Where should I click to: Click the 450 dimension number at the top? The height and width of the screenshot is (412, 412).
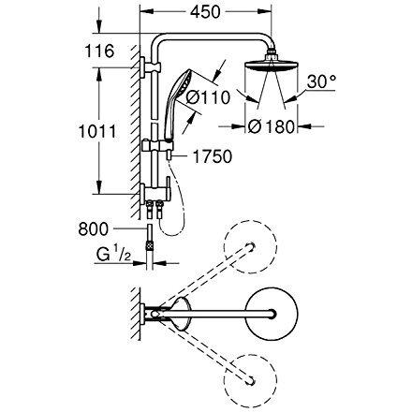pyautogui.click(x=205, y=12)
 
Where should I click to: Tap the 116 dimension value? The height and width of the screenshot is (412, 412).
pyautogui.click(x=99, y=51)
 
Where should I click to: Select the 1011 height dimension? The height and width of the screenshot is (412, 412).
pyautogui.click(x=97, y=131)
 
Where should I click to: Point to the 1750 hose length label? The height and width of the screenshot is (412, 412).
pyautogui.click(x=213, y=156)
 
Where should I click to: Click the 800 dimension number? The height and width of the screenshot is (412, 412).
pyautogui.click(x=94, y=229)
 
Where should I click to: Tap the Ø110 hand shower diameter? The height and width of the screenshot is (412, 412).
pyautogui.click(x=208, y=97)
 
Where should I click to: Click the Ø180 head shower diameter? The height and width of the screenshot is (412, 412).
pyautogui.click(x=272, y=126)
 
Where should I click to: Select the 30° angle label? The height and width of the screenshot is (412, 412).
pyautogui.click(x=321, y=81)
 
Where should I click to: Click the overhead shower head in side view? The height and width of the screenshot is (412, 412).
pyautogui.click(x=272, y=66)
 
